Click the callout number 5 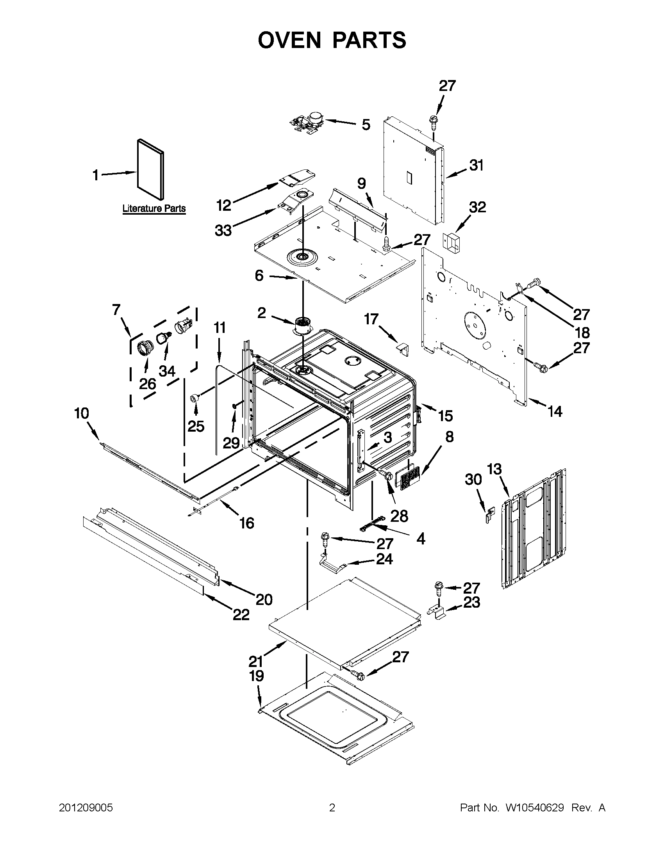pos(366,124)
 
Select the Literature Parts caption pos(154,208)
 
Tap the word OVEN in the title pos(289,40)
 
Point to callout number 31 pos(476,165)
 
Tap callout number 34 pos(166,370)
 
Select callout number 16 pos(247,523)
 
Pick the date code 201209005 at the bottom pos(86,807)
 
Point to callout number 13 pos(494,469)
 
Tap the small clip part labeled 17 pos(403,348)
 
